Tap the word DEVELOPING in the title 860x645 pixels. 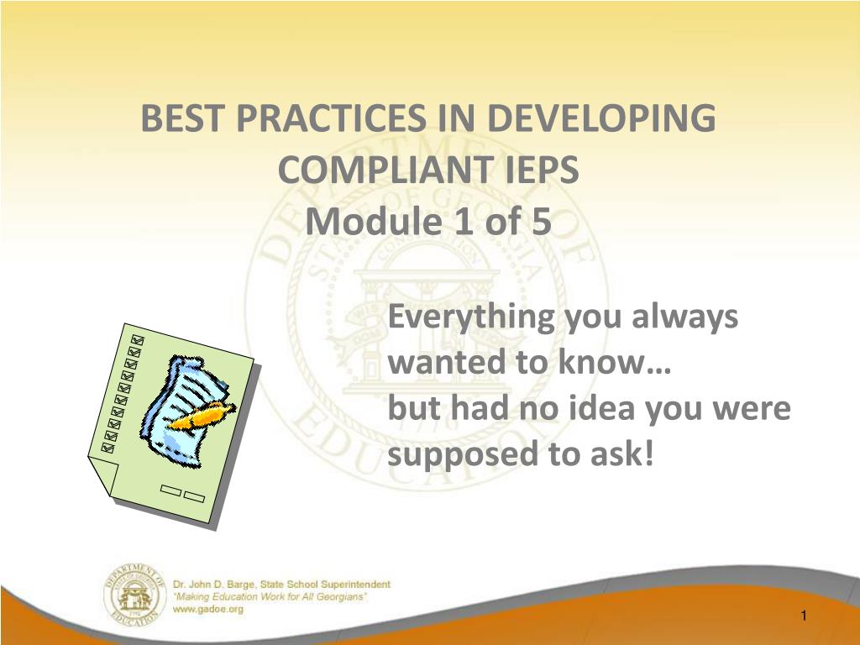coord(601,118)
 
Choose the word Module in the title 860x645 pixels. coord(373,221)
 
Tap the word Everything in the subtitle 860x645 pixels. coord(472,318)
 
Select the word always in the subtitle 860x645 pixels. coord(684,318)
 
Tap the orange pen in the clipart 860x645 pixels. coord(203,415)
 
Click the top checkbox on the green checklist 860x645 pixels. coord(137,340)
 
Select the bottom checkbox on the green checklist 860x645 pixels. coord(108,448)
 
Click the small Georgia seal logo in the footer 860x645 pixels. coord(134,595)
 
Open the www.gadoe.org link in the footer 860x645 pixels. coord(208,609)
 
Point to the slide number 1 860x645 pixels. coord(804,616)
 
